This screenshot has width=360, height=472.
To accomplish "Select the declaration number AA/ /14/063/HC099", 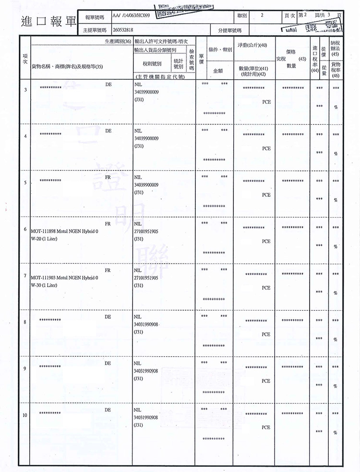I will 131,17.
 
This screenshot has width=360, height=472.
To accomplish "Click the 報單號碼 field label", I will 95,17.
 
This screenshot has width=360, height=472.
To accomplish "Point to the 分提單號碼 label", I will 229,30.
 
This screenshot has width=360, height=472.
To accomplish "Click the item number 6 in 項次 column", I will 24,230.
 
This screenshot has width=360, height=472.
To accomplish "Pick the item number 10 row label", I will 24,415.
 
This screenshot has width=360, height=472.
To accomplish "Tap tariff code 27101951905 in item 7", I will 146,278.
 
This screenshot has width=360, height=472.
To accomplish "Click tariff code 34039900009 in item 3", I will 146,92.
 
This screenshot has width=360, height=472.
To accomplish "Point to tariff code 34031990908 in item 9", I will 146,371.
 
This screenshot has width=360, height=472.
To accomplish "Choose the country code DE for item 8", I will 108,316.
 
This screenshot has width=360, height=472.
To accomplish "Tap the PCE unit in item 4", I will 266,148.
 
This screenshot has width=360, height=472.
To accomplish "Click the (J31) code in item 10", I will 139,425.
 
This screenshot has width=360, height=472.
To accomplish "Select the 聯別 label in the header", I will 242,16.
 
